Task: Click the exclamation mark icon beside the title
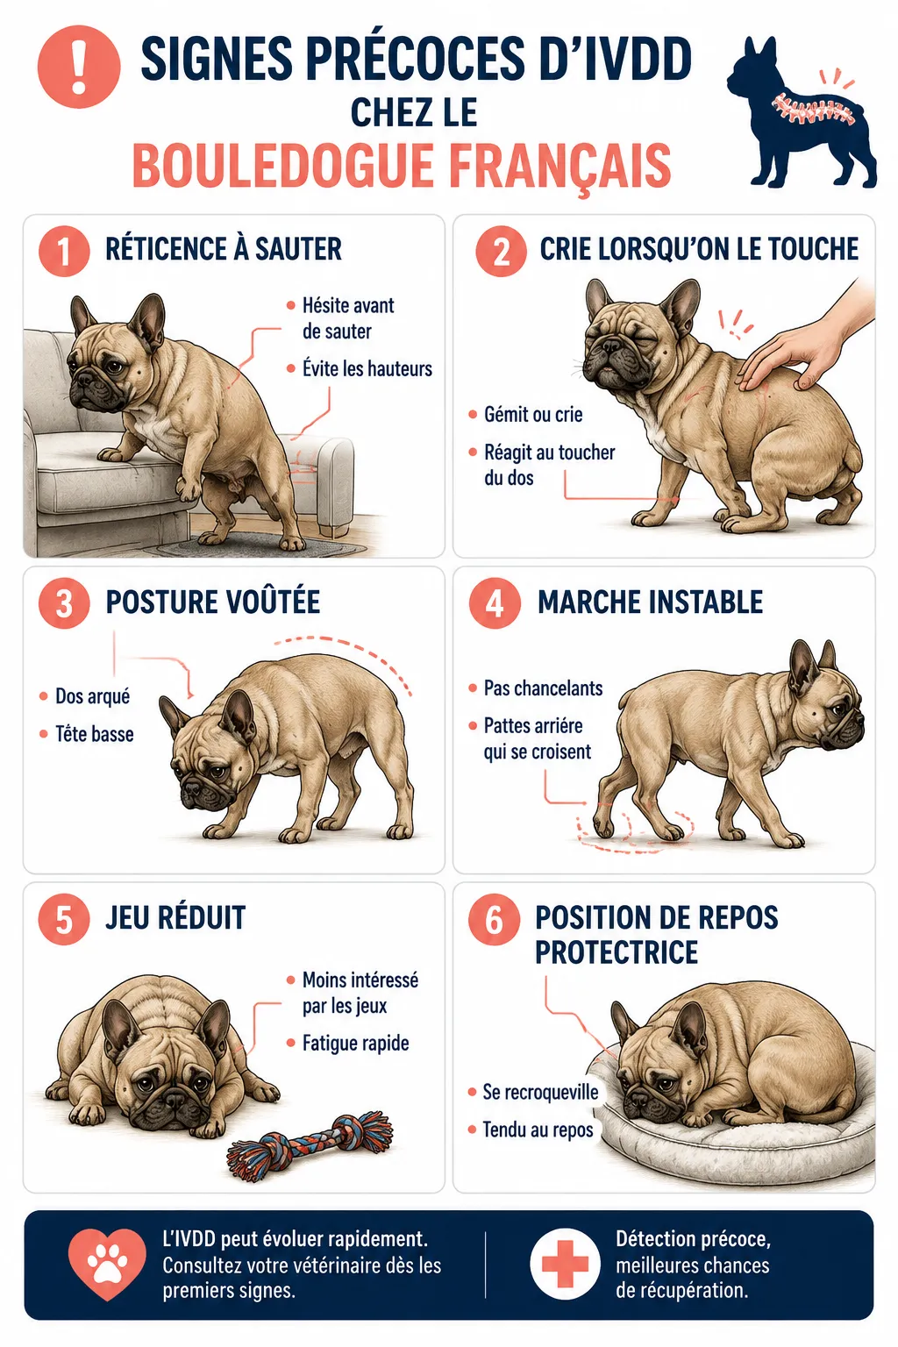coord(79,67)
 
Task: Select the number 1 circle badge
coord(64,251)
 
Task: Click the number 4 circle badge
coord(495,603)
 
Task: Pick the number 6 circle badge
coord(495,919)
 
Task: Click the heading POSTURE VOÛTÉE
coord(213,602)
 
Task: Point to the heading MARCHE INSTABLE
coord(650,602)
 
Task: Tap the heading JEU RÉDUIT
coord(175,917)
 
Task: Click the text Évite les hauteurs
coord(367,368)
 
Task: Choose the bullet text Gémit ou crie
coord(533,415)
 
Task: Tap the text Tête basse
coord(95,734)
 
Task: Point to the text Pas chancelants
coord(543,688)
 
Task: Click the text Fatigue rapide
coord(355,1044)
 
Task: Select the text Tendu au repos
coord(538,1130)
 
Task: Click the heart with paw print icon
coord(107,1265)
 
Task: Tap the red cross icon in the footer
coord(565,1264)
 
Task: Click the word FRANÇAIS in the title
coord(560,165)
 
